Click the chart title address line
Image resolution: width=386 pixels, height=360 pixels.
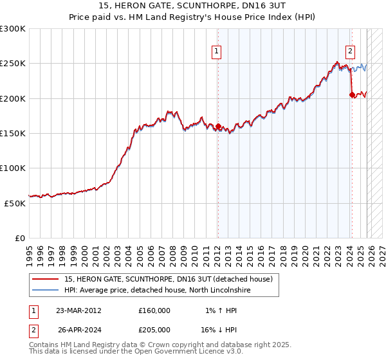[193, 5]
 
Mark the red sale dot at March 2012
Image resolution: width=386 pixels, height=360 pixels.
[218, 126]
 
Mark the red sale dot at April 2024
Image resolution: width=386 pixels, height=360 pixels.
[352, 94]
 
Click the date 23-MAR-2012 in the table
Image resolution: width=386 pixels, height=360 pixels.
[78, 310]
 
